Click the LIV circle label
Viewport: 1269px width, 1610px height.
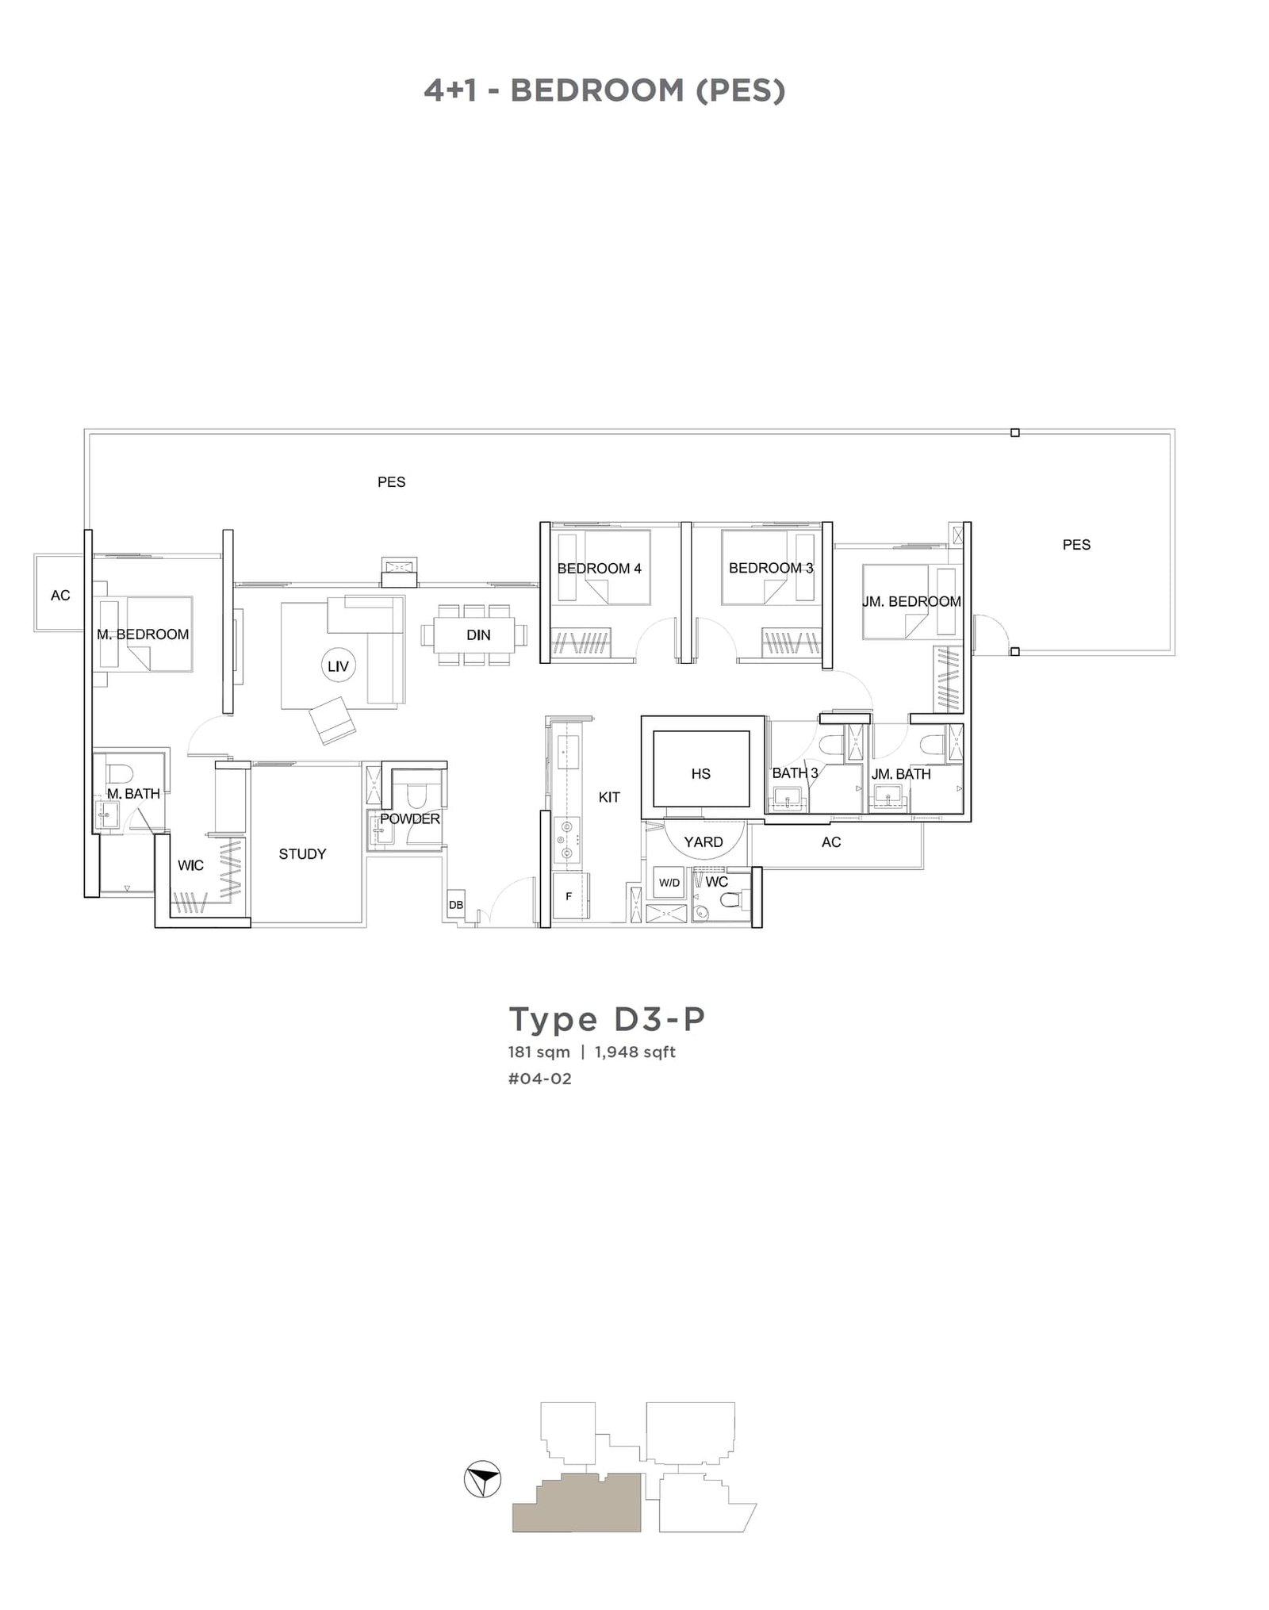pyautogui.click(x=338, y=666)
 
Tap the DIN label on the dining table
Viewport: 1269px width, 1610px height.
pyautogui.click(x=478, y=635)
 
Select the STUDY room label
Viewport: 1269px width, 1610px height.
pyautogui.click(x=302, y=854)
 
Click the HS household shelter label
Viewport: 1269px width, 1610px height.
pyautogui.click(x=701, y=773)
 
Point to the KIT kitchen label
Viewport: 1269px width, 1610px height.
pyautogui.click(x=609, y=797)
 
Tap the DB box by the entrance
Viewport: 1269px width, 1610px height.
pyautogui.click(x=456, y=905)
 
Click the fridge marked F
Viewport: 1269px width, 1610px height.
pyautogui.click(x=569, y=897)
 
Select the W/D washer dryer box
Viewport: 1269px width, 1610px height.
pyautogui.click(x=669, y=883)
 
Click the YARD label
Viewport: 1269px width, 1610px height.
pyautogui.click(x=704, y=842)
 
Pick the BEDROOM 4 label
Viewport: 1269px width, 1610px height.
pyautogui.click(x=599, y=569)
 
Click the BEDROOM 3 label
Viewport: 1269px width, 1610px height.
pyautogui.click(x=771, y=568)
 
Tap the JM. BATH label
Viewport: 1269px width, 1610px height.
pyautogui.click(x=901, y=774)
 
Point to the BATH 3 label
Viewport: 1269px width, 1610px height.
pyautogui.click(x=795, y=772)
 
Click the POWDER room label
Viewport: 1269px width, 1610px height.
pyautogui.click(x=410, y=818)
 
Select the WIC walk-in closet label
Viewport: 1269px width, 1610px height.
pyautogui.click(x=190, y=865)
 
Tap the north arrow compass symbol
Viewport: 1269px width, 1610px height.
pyautogui.click(x=482, y=1479)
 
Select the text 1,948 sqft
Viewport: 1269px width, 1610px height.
pyautogui.click(x=635, y=1052)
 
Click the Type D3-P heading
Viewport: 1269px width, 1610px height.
pyautogui.click(x=607, y=1019)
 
